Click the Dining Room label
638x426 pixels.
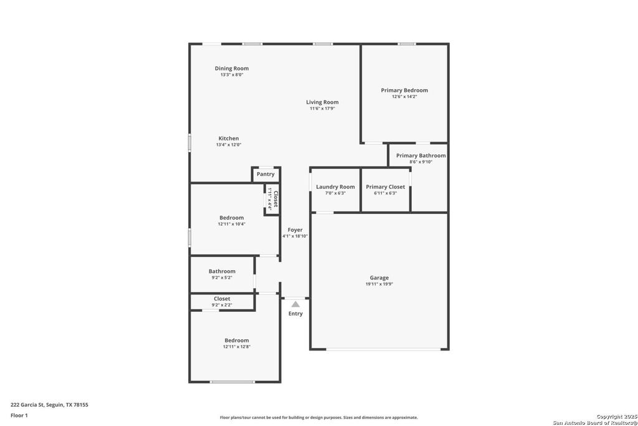coord(232,69)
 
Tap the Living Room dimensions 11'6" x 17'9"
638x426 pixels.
coord(322,109)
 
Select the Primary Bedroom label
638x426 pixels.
coord(404,90)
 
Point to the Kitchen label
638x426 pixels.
coord(228,138)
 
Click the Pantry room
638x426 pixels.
coord(265,175)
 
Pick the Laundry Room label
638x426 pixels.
coord(335,187)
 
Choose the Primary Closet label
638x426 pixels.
coord(385,187)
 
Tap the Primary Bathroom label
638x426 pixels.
coord(421,156)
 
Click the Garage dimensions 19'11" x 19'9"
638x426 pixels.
coord(379,284)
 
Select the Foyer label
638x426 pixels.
coord(295,230)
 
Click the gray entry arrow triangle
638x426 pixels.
coord(295,304)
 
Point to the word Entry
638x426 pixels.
coord(295,314)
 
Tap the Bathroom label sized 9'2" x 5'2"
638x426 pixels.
coord(222,271)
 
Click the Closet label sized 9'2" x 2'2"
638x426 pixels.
coord(222,299)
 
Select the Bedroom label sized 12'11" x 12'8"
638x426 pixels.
coord(237,341)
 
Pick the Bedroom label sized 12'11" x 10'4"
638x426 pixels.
coord(231,218)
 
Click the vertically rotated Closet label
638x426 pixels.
coord(275,199)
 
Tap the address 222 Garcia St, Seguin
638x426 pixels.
coord(49,405)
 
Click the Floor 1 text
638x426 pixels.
coord(19,415)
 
